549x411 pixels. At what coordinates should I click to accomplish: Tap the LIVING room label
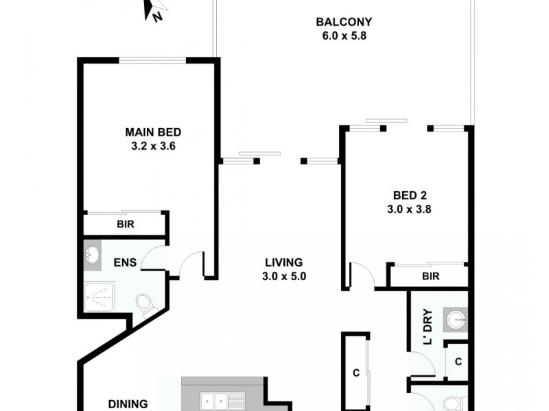[283, 262]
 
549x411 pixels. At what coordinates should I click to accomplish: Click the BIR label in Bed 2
[430, 276]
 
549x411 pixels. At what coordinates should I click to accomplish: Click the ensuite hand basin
[93, 256]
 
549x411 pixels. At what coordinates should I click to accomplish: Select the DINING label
[128, 403]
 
